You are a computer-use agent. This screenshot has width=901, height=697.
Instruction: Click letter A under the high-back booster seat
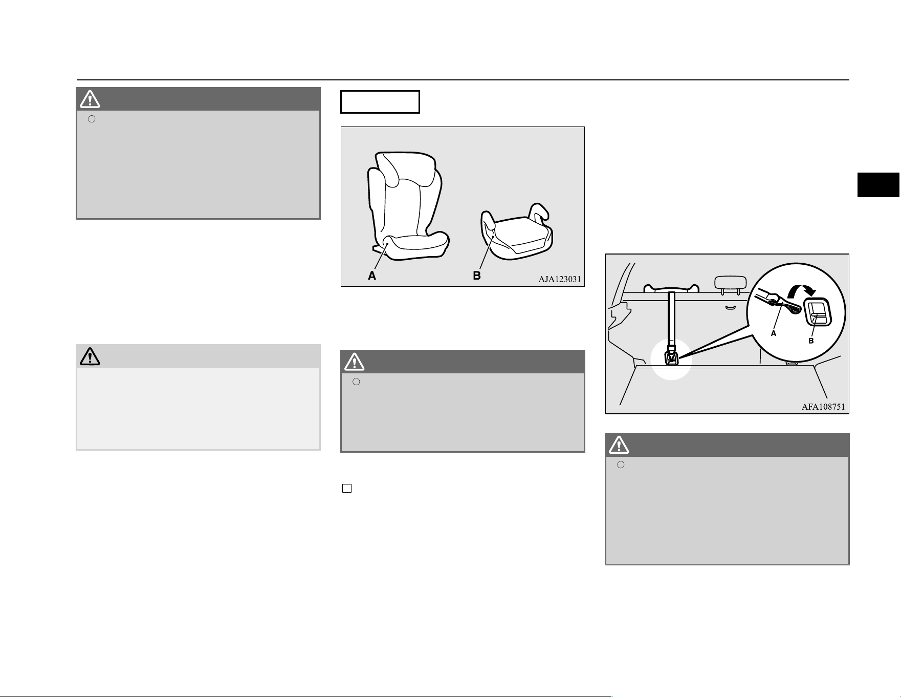pyautogui.click(x=372, y=276)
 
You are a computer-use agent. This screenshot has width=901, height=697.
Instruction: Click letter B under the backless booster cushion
pyautogui.click(x=476, y=276)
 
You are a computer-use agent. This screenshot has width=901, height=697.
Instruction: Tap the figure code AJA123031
pyautogui.click(x=559, y=279)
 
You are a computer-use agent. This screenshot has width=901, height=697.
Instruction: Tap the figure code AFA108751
pyautogui.click(x=823, y=407)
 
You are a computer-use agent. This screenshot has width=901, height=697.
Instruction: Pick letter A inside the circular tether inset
pyautogui.click(x=774, y=333)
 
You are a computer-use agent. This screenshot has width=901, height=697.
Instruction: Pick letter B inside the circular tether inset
pyautogui.click(x=811, y=341)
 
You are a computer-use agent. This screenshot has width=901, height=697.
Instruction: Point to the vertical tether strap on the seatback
pyautogui.click(x=671, y=320)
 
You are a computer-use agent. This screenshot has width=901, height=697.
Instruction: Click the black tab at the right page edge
pyautogui.click(x=878, y=185)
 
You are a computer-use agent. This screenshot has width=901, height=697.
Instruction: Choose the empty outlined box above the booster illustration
pyautogui.click(x=380, y=101)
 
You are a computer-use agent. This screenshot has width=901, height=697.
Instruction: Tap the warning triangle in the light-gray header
pyautogui.click(x=90, y=356)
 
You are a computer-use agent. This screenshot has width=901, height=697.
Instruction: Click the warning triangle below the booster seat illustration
pyautogui.click(x=354, y=362)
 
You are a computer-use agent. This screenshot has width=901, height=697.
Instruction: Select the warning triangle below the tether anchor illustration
pyautogui.click(x=619, y=445)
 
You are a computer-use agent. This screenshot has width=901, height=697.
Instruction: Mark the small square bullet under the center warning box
pyautogui.click(x=346, y=488)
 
